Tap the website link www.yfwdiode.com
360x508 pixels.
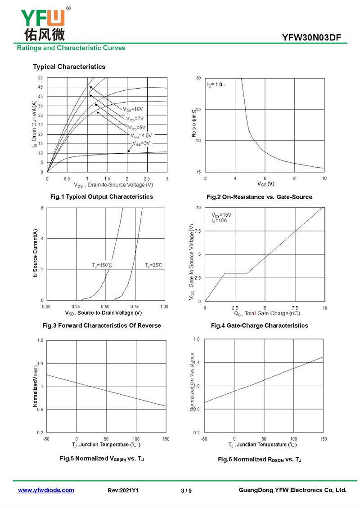(46, 490)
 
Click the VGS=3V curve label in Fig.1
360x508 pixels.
(141, 143)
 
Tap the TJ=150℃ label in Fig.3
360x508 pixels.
(102, 266)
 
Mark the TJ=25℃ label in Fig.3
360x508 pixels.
(154, 266)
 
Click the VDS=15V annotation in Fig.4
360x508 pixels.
(221, 214)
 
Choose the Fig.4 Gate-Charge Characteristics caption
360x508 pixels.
(260, 325)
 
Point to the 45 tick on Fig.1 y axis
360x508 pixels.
(40, 87)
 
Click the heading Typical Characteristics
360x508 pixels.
(69, 67)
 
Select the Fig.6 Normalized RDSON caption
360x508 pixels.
(260, 459)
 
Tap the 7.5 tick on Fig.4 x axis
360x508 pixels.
(295, 307)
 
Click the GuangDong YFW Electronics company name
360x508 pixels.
(292, 490)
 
